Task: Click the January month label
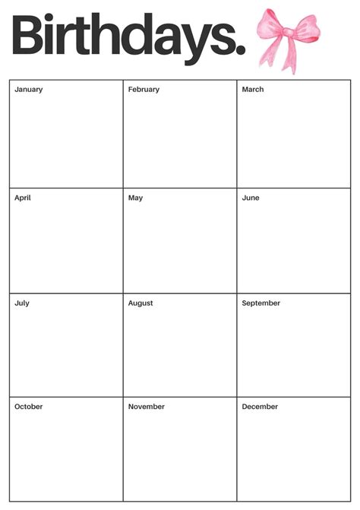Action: point(28,90)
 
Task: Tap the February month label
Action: point(144,90)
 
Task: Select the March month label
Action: point(253,90)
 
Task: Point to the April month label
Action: point(23,198)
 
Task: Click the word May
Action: point(135,198)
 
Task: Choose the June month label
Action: point(251,198)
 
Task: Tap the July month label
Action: point(21,303)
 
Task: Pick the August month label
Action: point(141,303)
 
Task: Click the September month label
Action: point(261,303)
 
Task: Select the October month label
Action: point(29,407)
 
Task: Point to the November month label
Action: point(147,407)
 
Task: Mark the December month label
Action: point(260,407)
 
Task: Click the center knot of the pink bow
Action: point(288,32)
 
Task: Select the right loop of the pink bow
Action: point(305,28)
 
